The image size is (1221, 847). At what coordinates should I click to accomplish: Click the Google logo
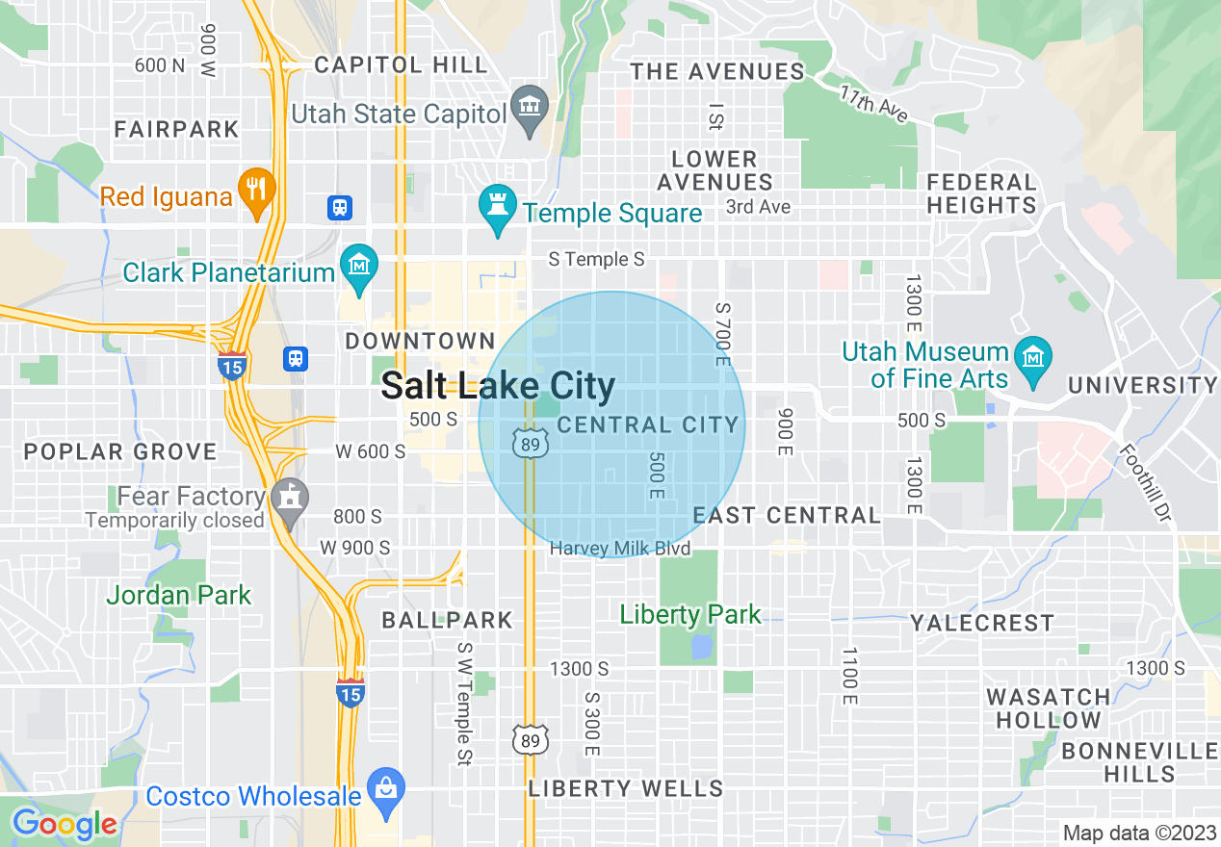(65, 824)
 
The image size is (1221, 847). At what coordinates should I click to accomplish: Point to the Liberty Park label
(690, 614)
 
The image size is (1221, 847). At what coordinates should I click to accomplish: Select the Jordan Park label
(178, 595)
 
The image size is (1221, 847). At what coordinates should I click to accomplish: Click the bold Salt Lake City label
(498, 386)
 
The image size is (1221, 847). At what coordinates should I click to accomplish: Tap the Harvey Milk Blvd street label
(620, 549)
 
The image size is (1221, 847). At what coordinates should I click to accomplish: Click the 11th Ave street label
(874, 105)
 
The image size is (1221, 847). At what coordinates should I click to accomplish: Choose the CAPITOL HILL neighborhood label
(402, 65)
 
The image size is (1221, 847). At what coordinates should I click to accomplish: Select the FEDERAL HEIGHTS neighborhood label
(981, 193)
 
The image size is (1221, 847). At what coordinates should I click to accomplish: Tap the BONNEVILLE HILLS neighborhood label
(1139, 761)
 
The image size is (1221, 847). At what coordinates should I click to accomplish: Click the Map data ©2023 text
(1139, 833)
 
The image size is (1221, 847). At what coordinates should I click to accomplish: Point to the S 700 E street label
(723, 331)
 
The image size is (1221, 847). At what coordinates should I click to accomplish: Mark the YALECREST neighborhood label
(982, 623)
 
